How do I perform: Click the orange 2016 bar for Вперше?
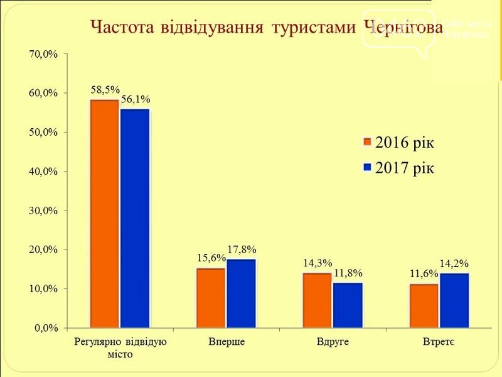point(211,298)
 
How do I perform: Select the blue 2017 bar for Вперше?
point(242,293)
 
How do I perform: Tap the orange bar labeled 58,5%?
point(104,214)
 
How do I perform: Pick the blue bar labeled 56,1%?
point(135,218)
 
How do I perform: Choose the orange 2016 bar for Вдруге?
point(318,300)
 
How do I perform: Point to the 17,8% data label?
point(242,250)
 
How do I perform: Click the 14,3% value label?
point(318,264)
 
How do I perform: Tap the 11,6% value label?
point(423,275)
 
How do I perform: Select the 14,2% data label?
point(454,264)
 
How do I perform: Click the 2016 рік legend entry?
point(399,142)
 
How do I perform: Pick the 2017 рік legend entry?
point(399,168)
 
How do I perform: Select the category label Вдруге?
point(333,342)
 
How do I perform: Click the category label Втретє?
point(439,342)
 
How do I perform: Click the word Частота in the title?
point(122,28)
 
